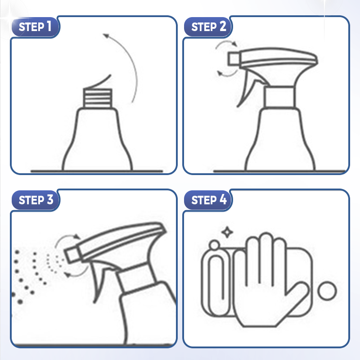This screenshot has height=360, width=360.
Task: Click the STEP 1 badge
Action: tap(35, 27)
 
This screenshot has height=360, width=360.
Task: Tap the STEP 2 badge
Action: tap(208, 27)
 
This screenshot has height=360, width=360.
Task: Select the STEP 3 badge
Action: tap(36, 200)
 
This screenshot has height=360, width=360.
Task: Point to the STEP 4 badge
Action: tap(208, 200)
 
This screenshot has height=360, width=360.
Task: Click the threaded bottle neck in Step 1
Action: tap(98, 98)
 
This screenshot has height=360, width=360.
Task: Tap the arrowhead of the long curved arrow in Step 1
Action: tap(106, 36)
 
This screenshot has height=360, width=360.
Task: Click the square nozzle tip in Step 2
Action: tap(234, 59)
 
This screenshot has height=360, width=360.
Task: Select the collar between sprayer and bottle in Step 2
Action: tap(279, 97)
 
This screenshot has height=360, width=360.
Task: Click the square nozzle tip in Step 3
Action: tap(72, 254)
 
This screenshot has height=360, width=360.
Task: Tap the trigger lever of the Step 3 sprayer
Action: tap(99, 280)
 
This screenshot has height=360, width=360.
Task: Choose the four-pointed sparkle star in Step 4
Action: tap(227, 232)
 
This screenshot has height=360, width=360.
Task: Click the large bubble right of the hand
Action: tap(328, 291)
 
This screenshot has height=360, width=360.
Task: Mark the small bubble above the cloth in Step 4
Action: tap(215, 245)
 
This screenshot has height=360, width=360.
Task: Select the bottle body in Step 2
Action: tap(280, 139)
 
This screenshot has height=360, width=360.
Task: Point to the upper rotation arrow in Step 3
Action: tap(66, 238)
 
